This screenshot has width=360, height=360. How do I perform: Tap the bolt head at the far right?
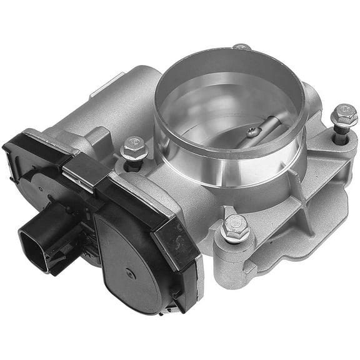(344, 116)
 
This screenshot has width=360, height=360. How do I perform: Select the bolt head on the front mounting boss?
(236, 227)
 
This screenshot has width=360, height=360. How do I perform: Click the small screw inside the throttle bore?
(252, 132)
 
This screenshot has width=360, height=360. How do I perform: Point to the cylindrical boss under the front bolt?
(233, 256)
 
